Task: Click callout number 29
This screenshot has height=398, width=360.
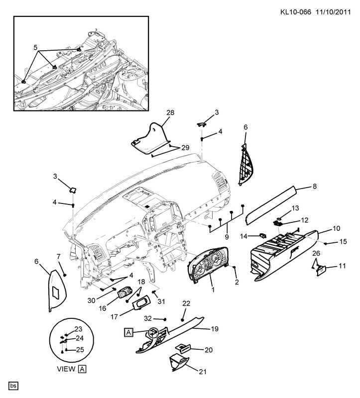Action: (185, 148)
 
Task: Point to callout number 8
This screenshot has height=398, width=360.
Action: (314, 187)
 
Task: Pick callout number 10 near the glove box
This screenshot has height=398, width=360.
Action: (336, 229)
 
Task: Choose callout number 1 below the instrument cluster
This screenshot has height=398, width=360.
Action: (213, 289)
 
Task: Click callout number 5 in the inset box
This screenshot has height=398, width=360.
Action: (35, 48)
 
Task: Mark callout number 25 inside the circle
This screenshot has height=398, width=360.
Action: (80, 350)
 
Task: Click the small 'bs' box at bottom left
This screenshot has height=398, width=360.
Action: (13, 386)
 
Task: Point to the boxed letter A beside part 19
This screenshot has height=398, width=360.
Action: (128, 332)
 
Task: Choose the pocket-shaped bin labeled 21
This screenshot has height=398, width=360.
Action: (178, 363)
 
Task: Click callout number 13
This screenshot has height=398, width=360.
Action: (295, 207)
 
